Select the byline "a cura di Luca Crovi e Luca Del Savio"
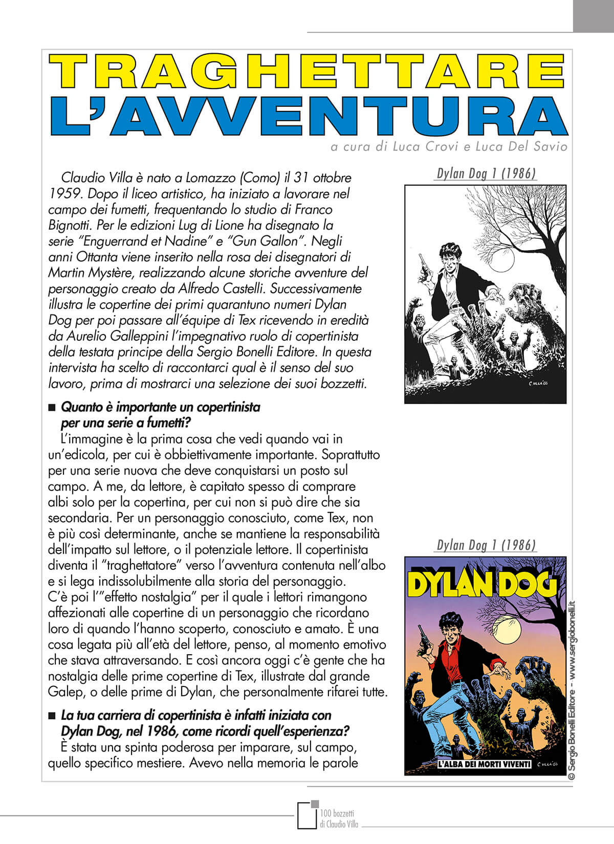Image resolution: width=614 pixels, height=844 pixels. [449, 147]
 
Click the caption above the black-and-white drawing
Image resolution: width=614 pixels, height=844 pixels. [486, 173]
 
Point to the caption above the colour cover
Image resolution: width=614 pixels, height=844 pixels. [486, 545]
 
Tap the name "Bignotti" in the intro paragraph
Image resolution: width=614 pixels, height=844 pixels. [70, 225]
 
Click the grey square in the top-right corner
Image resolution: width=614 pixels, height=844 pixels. [593, 16]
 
